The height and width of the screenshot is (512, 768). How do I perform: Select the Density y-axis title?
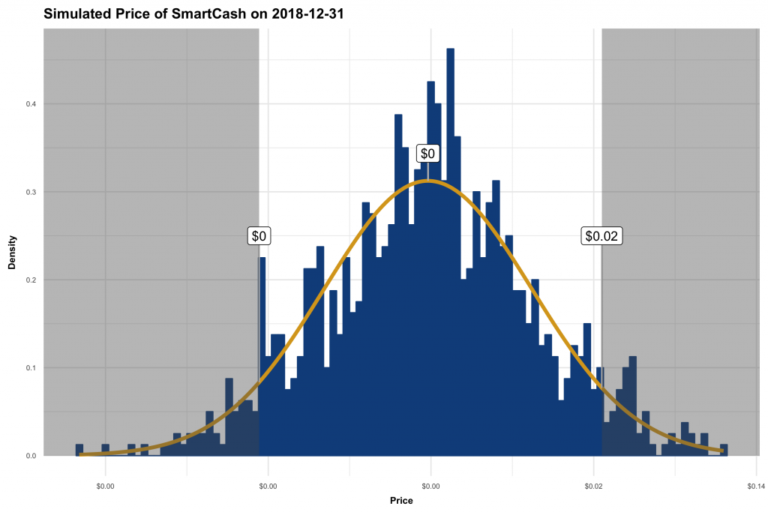tap(12, 253)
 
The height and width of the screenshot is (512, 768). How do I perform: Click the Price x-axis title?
tap(401, 500)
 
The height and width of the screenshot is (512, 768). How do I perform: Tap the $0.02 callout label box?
tap(601, 236)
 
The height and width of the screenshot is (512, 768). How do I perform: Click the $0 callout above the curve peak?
tap(427, 154)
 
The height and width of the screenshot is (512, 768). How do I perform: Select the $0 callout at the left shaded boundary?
tap(259, 236)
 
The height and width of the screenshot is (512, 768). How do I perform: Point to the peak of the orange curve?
tap(427, 181)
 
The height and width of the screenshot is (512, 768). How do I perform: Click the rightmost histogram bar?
tap(724, 451)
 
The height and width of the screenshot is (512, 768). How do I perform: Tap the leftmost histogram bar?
tap(79, 451)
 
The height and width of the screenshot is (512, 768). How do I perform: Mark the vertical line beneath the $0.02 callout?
tap(601, 337)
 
